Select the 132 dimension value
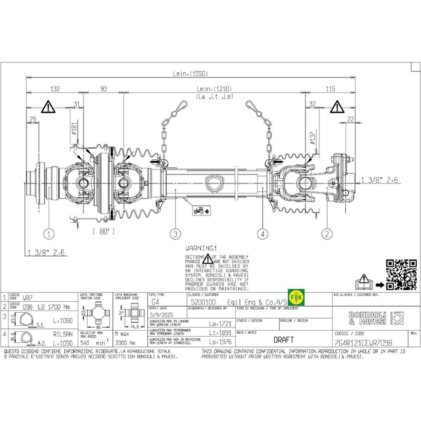[x=55, y=88]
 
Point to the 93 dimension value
[x=103, y=88]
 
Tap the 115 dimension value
[x=330, y=88]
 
